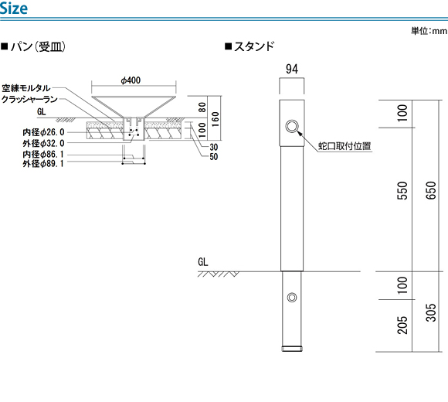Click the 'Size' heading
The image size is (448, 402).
14,8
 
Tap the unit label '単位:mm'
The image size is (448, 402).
429,31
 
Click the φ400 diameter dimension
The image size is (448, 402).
131,80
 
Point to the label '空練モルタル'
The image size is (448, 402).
26,88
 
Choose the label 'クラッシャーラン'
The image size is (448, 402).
29,99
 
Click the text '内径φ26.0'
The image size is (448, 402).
43,132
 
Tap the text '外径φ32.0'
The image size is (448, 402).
43,143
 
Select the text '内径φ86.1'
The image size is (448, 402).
43,155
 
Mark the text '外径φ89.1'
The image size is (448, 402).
43,164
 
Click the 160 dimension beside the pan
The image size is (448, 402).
216,119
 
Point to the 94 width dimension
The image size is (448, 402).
292,70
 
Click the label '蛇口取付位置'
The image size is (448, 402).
344,146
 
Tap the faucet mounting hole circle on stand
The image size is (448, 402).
292,126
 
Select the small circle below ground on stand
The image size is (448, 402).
292,298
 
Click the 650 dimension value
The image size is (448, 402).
431,190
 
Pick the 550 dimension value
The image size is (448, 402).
402,190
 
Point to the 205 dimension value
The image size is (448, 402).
402,325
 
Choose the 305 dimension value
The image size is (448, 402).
431,313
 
